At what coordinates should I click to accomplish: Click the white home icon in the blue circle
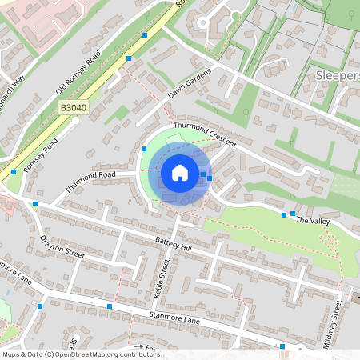180,173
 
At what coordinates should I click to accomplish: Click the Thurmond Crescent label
205,134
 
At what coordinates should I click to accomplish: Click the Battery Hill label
174,245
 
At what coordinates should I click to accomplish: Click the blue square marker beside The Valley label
283,214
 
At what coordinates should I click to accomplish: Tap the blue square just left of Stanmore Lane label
109,306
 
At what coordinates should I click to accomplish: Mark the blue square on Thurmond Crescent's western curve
144,148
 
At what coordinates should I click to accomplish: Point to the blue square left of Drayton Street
36,205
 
